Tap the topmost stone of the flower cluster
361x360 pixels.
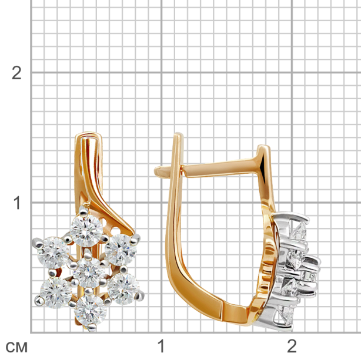[86, 231]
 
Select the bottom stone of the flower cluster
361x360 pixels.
[91, 311]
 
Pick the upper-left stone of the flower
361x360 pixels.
[54, 253]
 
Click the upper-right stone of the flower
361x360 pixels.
[121, 250]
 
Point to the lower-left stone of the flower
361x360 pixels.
[56, 293]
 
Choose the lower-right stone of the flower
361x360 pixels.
[123, 289]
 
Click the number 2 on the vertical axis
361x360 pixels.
[16, 73]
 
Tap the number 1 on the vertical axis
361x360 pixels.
[17, 203]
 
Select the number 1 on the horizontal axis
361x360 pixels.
[161, 346]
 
